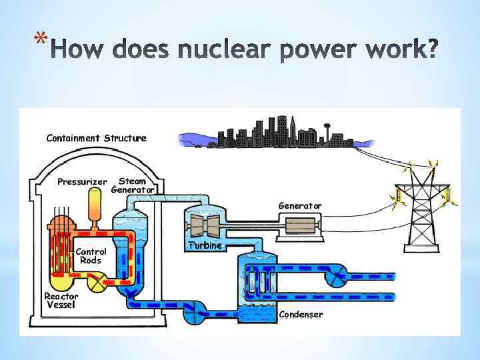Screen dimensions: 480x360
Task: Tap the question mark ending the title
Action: pyautogui.click(x=431, y=49)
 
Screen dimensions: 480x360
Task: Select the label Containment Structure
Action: pyautogui.click(x=96, y=138)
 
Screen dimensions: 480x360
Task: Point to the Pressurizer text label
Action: pyautogui.click(x=82, y=181)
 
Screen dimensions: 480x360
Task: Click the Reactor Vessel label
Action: pyautogui.click(x=61, y=301)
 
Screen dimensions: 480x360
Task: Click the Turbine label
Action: pyautogui.click(x=204, y=245)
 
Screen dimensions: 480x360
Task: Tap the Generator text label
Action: pyautogui.click(x=299, y=206)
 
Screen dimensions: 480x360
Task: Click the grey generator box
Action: pyautogui.click(x=303, y=226)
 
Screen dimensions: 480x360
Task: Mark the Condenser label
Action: pyautogui.click(x=301, y=315)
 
